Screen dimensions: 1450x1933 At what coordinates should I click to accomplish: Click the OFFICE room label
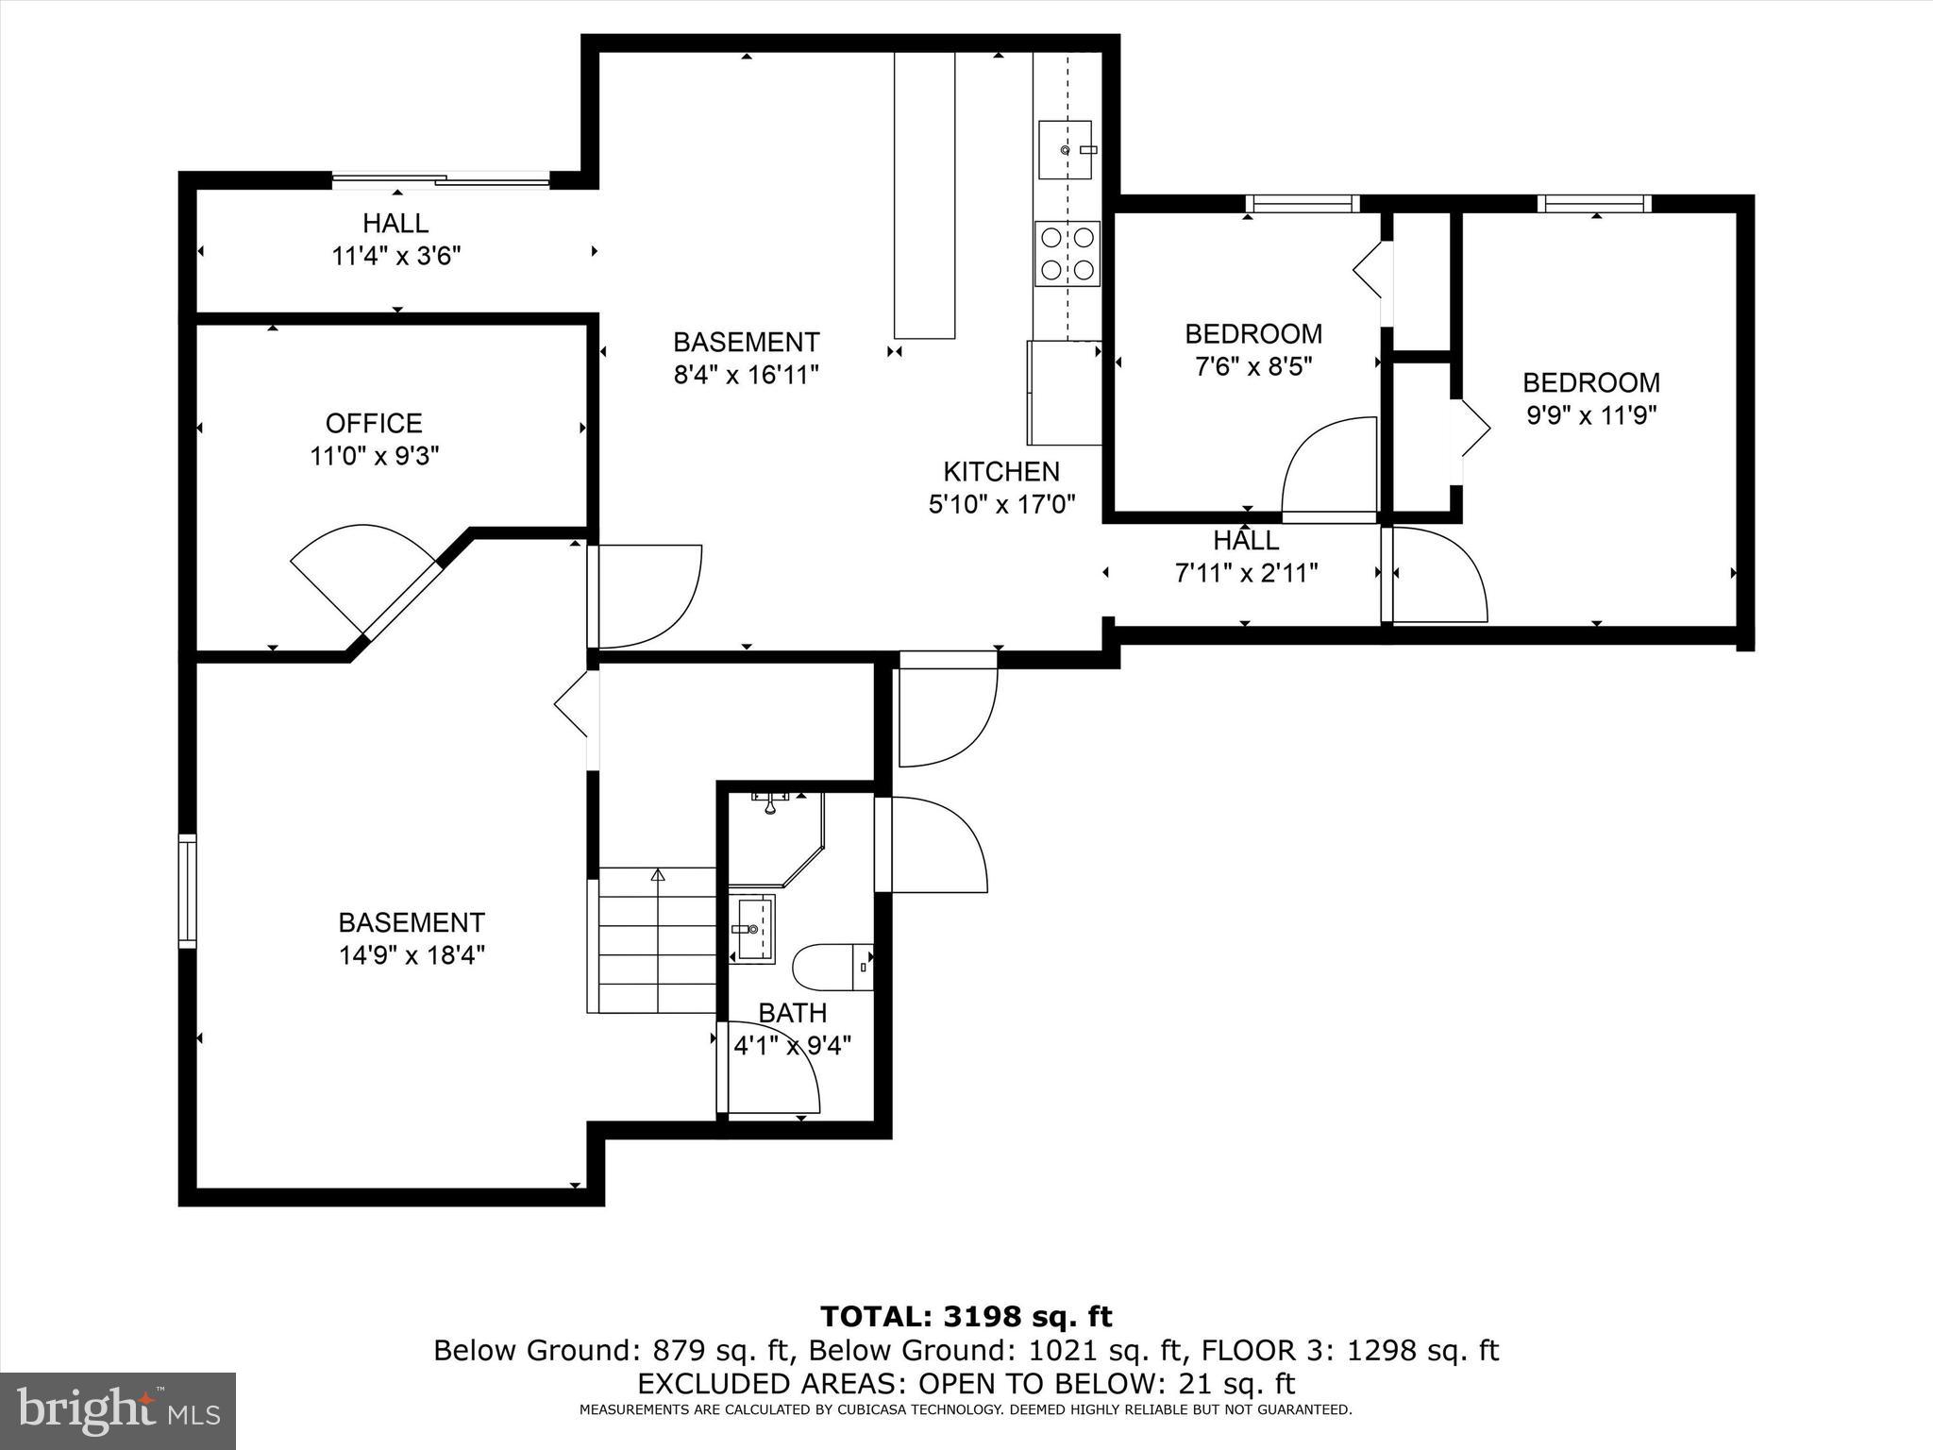coord(374,423)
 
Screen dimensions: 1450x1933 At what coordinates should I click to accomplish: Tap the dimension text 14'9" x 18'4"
coord(412,955)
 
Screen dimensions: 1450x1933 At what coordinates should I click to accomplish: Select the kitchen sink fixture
coord(1065,150)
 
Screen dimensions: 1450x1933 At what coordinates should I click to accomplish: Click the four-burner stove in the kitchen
coord(1067,253)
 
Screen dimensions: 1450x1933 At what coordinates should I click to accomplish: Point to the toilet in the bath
coord(831,967)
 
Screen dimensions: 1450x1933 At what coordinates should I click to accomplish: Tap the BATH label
coord(793,1013)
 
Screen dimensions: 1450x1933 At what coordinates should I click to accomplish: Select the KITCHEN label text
coord(1001,471)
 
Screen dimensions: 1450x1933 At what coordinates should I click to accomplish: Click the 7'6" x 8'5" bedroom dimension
coord(1253,366)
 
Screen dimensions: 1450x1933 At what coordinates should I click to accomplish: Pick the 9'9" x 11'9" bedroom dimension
coord(1591,415)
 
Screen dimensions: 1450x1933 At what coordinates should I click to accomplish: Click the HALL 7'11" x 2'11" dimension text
coord(1246,573)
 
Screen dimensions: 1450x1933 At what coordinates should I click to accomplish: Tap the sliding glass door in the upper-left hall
coord(441,179)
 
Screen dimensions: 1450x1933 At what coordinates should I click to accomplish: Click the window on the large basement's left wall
coord(188,890)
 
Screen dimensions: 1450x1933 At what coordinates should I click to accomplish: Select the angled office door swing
coord(363,576)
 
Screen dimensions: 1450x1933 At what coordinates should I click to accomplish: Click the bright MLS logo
coord(118,1410)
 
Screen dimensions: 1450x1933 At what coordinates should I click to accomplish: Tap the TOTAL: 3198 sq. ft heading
coord(966,1316)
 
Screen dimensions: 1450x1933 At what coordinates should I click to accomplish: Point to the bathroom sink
coord(754,929)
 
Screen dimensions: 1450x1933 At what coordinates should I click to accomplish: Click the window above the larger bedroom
coord(1594,203)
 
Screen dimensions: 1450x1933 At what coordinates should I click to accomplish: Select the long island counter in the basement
coord(924,195)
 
